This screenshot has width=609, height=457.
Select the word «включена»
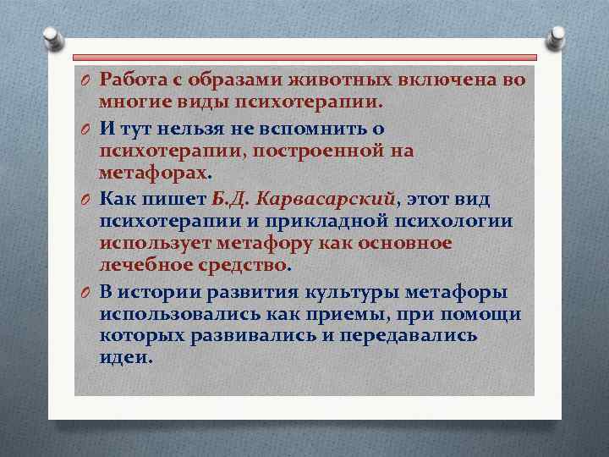point(444,80)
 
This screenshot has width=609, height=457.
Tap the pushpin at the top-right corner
point(557,38)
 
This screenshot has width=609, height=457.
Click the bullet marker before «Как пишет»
point(86,200)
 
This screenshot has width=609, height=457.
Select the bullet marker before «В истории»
point(86,293)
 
